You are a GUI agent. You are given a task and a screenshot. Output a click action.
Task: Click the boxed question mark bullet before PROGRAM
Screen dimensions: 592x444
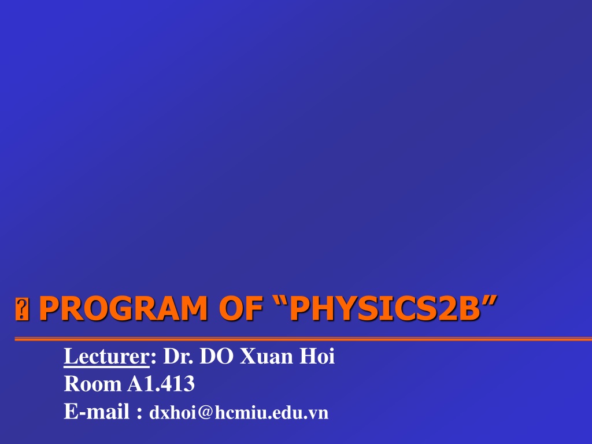coord(22,309)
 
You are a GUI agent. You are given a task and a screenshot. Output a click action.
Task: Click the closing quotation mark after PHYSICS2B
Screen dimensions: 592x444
coord(489,301)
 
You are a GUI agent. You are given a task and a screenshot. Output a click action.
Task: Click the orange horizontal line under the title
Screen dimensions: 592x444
coord(303,339)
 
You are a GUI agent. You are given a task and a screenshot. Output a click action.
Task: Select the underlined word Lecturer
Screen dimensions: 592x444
coord(106,356)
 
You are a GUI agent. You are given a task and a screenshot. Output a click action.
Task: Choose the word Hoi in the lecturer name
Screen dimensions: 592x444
coord(317,356)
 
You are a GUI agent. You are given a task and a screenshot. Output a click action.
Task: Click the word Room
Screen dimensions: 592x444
coord(92,384)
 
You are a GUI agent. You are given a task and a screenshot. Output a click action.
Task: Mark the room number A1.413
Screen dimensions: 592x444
coord(161,384)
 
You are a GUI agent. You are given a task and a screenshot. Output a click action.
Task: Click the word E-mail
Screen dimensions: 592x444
coord(97,411)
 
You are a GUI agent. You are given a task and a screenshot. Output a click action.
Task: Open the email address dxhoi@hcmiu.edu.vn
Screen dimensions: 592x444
coord(239,413)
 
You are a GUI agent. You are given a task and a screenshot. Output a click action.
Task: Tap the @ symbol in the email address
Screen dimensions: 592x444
coord(205,413)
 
